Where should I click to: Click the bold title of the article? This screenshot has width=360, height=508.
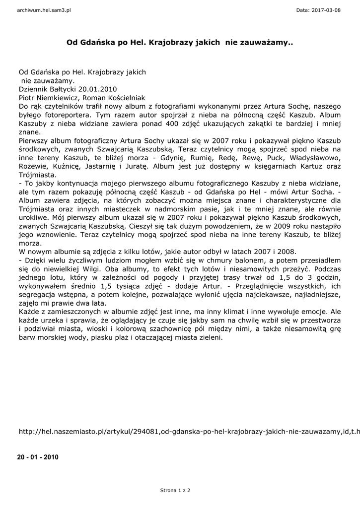coord(180,43)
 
